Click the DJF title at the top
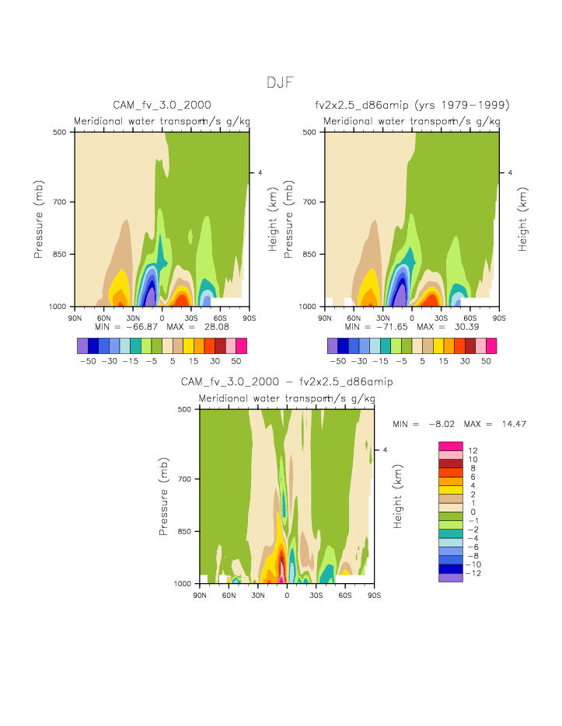pos(280,83)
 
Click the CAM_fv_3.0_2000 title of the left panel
pos(162,105)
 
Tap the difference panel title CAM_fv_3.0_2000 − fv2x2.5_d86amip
pos(287,382)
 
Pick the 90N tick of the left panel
pos(75,318)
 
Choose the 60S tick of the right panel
pos(470,318)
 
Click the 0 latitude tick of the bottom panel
pos(287,595)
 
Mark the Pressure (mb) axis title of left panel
pos(38,219)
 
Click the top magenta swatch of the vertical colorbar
pos(451,446)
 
